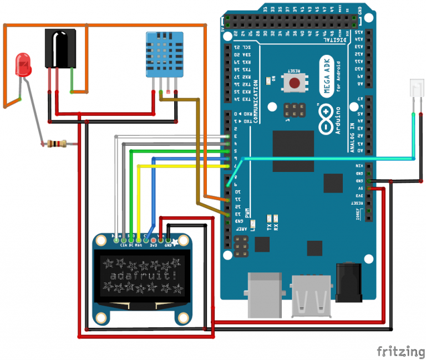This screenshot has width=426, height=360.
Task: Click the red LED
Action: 23,65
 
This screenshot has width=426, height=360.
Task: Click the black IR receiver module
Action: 60,49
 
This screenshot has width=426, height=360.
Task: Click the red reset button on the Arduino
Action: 293,82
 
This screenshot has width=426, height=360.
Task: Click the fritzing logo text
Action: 398,351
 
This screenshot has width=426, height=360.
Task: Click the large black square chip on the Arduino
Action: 293,153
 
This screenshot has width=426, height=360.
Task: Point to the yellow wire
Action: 183,166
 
